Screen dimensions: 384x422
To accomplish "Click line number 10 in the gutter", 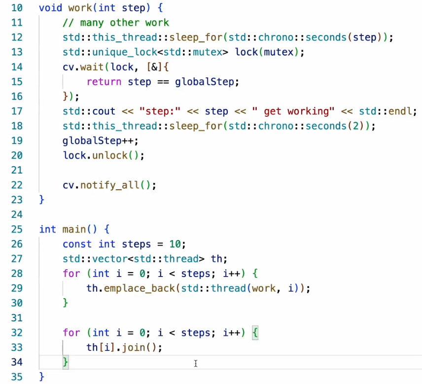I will [x=17, y=8].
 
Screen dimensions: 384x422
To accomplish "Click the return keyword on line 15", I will [x=104, y=82].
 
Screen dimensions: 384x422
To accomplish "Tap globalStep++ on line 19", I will [x=101, y=140].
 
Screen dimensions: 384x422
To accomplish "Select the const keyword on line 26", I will [x=77, y=244].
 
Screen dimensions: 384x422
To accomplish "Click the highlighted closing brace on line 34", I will [x=66, y=362].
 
